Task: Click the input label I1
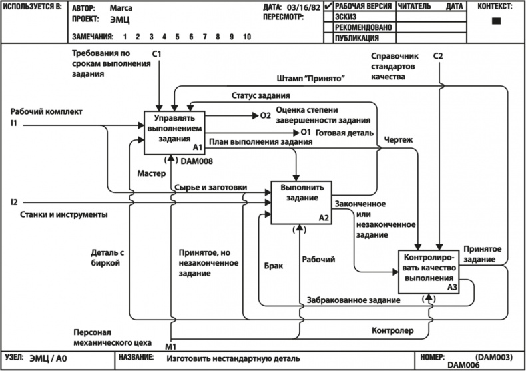point(14,123)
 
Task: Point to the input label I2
point(14,201)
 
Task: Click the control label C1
point(157,53)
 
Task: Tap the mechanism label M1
point(171,346)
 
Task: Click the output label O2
point(265,115)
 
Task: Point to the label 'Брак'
point(274,265)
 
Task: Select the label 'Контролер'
point(393,330)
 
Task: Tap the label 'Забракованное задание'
point(354,300)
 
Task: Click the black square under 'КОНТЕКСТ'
point(495,21)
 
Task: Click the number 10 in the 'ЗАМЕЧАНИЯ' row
point(246,37)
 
